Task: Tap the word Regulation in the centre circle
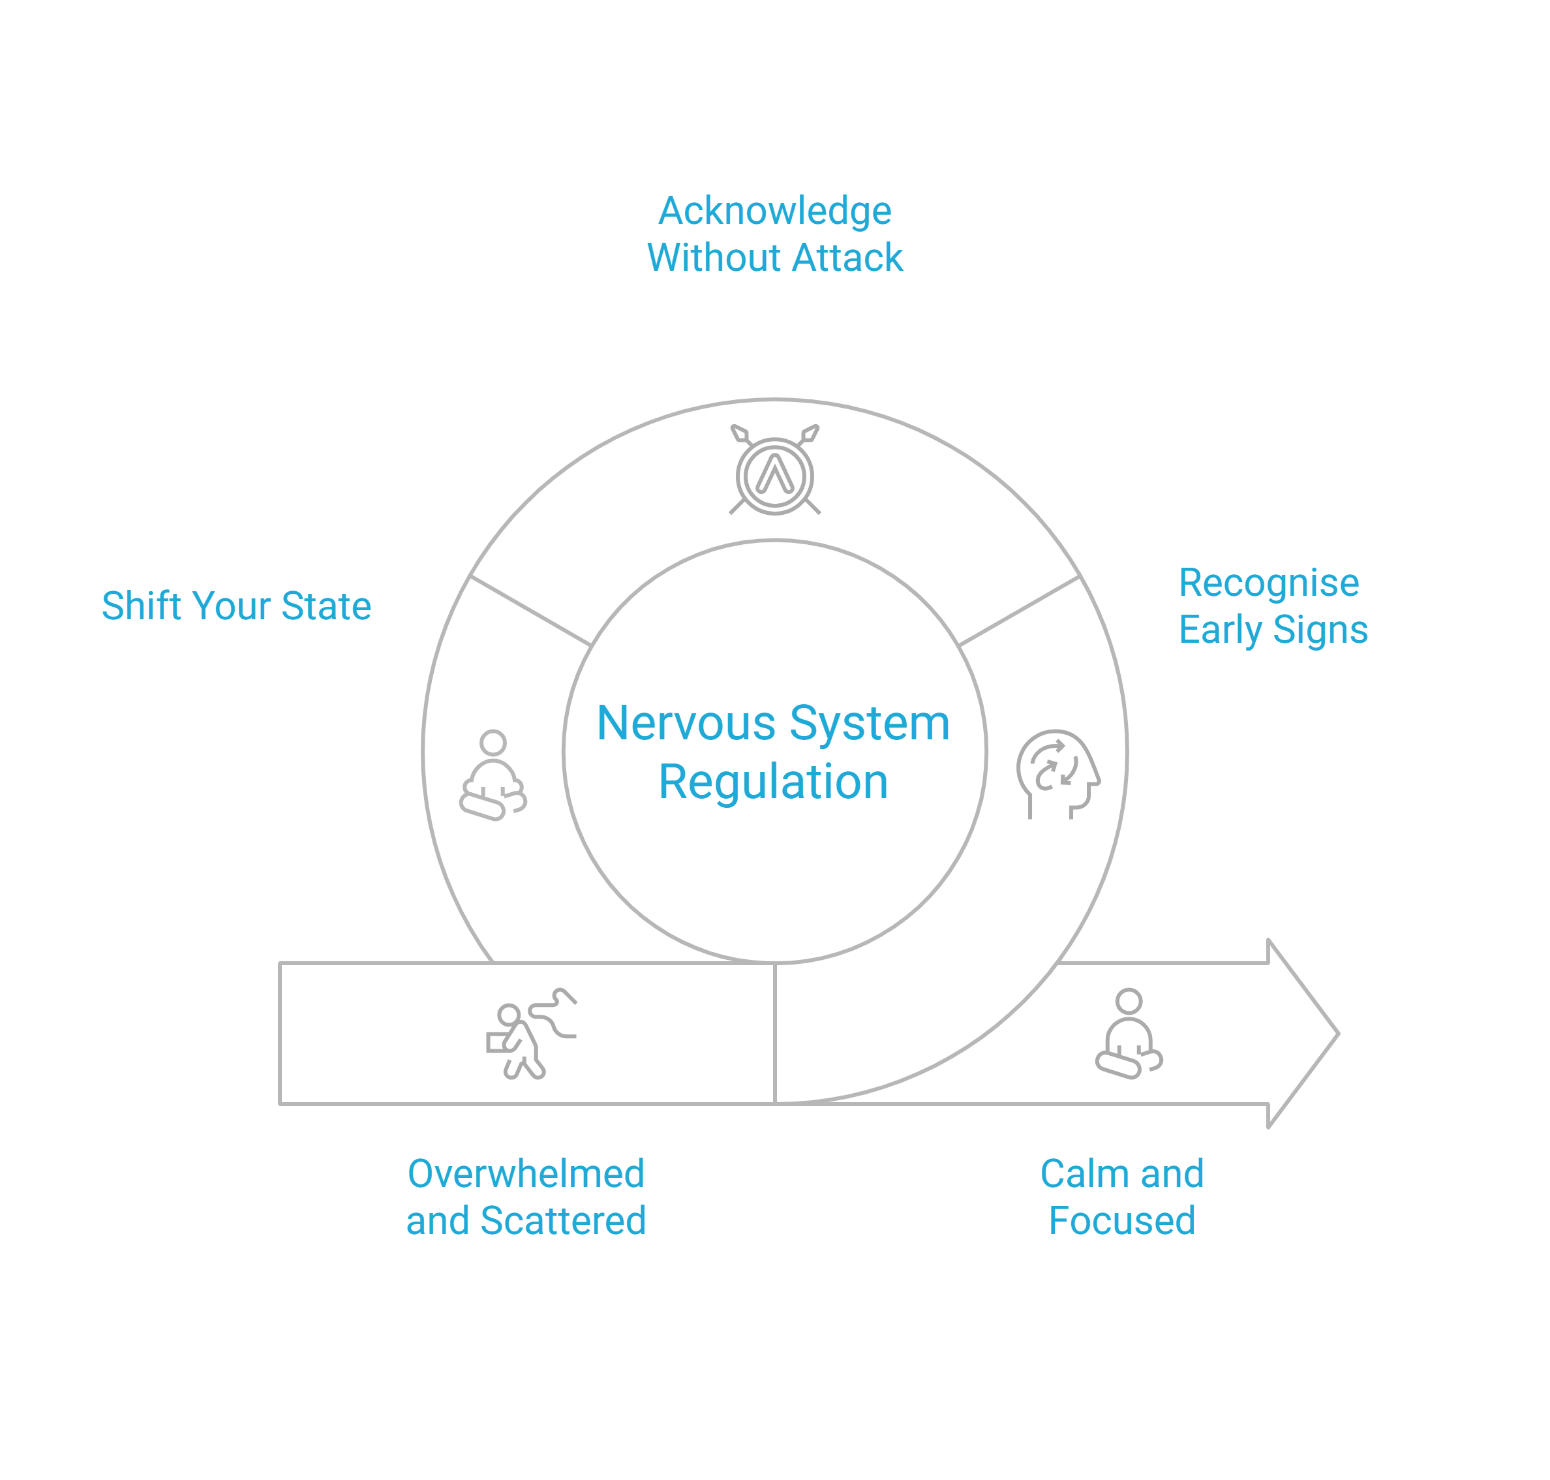pyautogui.click(x=773, y=782)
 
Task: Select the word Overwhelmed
pyautogui.click(x=526, y=1174)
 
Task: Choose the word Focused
pyautogui.click(x=1121, y=1220)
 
